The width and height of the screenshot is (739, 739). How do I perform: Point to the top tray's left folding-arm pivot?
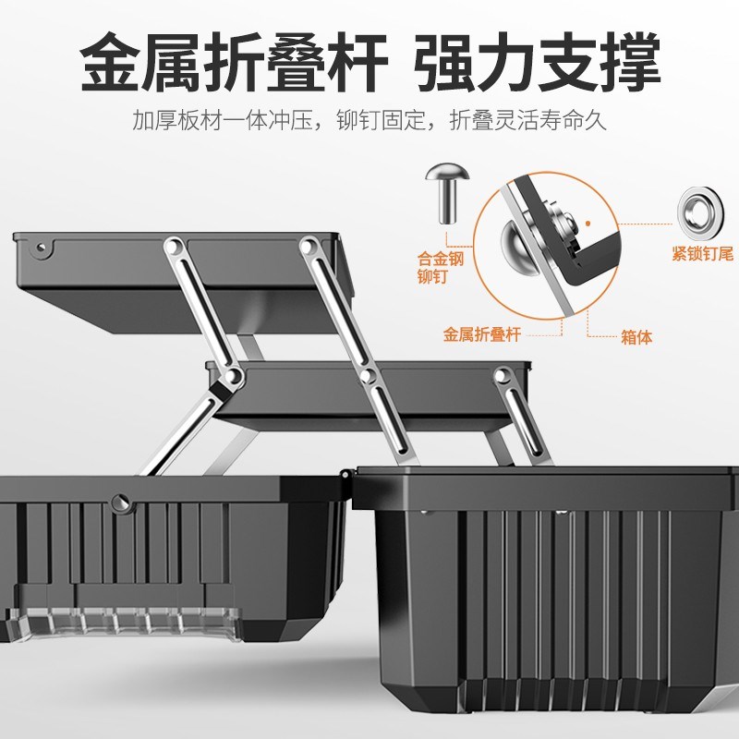(x=171, y=247)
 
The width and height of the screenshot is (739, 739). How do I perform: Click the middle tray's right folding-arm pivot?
(x=503, y=375)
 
